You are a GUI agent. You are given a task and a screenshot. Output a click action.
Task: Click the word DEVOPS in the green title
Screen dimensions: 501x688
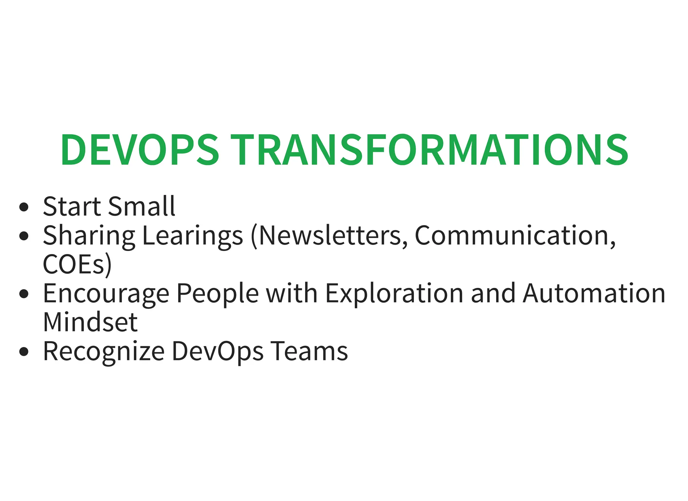(x=139, y=150)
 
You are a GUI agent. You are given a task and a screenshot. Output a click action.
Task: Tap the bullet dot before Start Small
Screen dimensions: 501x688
(x=24, y=207)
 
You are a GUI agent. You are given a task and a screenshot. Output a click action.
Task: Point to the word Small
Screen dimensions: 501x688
(x=141, y=206)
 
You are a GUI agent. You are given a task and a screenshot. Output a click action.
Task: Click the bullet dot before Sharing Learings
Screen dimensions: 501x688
(x=24, y=236)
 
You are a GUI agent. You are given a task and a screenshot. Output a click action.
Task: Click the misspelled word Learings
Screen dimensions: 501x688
(x=192, y=236)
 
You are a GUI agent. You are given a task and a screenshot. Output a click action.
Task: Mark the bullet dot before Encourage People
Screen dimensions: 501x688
(x=24, y=294)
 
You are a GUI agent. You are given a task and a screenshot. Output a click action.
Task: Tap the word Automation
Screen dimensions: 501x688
(x=594, y=293)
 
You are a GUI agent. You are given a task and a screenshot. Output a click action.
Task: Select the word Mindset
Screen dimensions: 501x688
(x=90, y=322)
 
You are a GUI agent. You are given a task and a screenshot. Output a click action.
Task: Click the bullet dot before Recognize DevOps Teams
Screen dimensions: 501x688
(x=24, y=352)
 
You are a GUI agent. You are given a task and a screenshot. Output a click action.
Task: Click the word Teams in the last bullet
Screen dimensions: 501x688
(x=309, y=351)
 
